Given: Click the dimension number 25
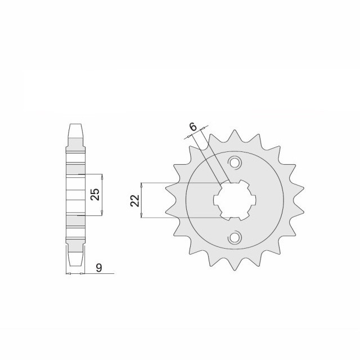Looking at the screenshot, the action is (95, 194).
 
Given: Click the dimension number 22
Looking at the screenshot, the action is (135, 200).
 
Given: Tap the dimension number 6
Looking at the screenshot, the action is (193, 127).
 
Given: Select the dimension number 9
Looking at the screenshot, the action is (99, 268).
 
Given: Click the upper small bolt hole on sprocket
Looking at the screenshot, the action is (235, 163).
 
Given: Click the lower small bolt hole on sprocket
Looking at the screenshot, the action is (235, 237).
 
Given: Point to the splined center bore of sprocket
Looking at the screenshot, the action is (235, 200).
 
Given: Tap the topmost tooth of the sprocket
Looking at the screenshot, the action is (235, 136).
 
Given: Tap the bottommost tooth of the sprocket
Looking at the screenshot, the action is (235, 265).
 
